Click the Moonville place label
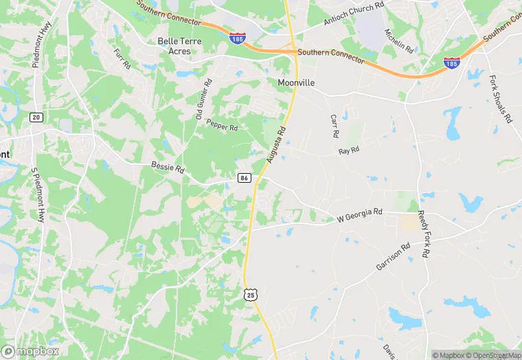[296, 82]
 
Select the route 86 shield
[244, 178]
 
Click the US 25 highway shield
[251, 294]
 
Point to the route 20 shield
[36, 117]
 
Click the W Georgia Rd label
[359, 216]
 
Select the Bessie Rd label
[168, 168]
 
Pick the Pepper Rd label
[221, 127]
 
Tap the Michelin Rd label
[399, 41]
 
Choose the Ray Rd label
[349, 150]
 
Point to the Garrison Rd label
[392, 256]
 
